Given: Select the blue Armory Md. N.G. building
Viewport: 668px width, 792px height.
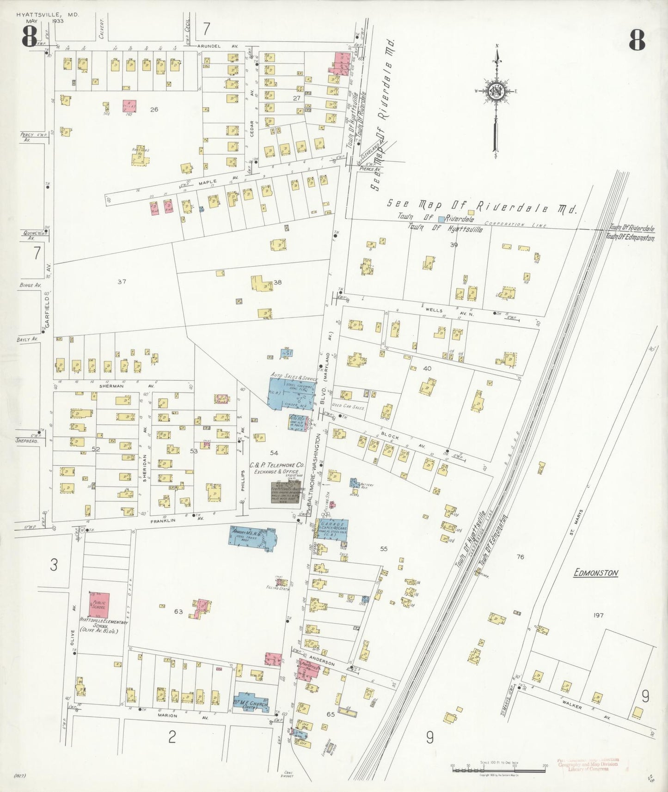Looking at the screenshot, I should [252, 537].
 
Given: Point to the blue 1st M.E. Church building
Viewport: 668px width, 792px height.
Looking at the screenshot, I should [250, 703].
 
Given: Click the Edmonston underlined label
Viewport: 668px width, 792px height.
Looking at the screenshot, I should [595, 573].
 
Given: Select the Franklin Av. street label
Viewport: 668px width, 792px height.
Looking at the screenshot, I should [165, 520].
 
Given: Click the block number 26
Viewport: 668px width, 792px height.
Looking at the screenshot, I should [154, 110].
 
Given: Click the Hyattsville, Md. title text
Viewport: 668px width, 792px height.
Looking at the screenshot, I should [48, 15].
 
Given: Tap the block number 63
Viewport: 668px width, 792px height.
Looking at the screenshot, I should [178, 612].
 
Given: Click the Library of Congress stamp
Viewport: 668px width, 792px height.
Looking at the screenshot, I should [588, 764].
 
